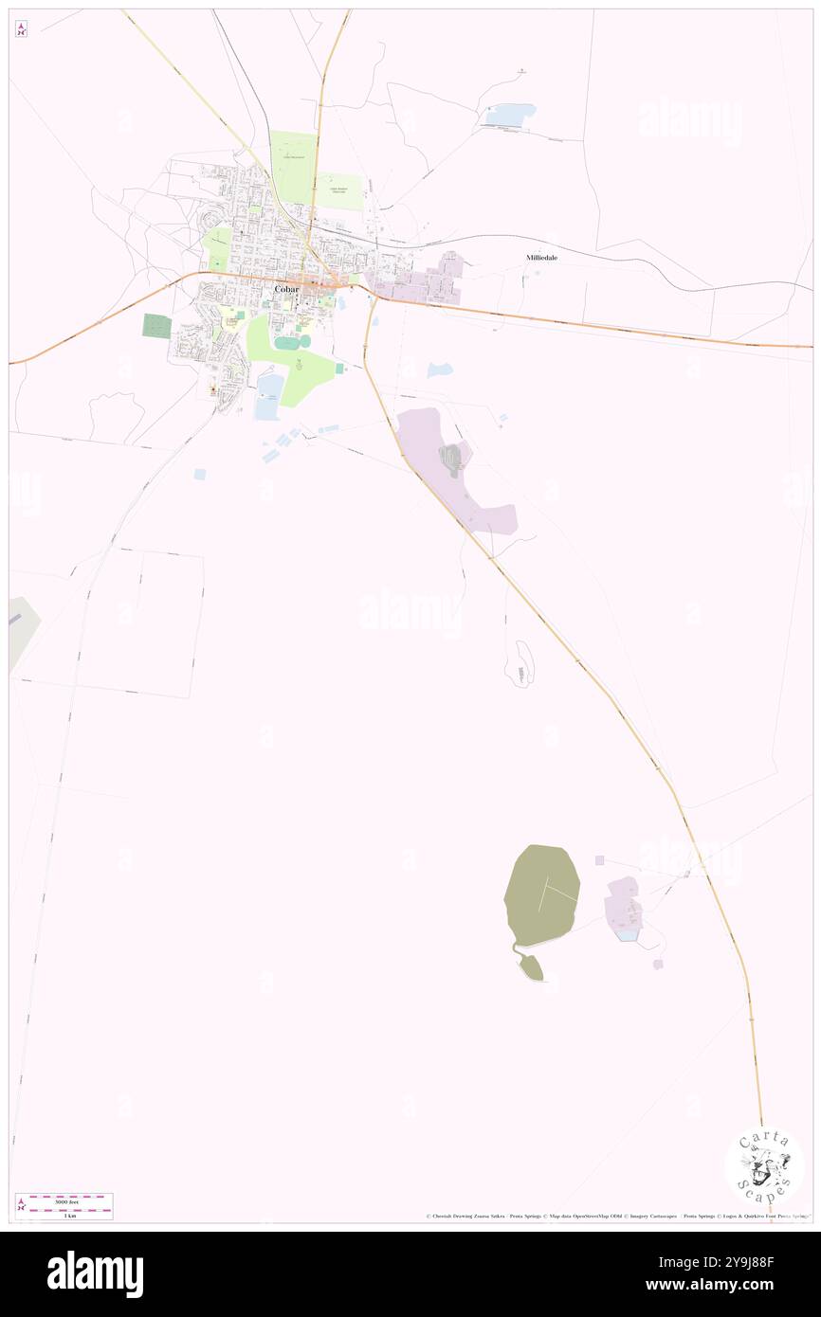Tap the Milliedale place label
click(542, 258)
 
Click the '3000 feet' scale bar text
click(66, 1201)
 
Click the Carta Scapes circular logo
click(764, 1166)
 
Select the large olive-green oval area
click(541, 894)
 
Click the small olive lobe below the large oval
click(532, 967)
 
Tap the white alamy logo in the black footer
click(95, 1274)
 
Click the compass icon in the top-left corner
click(21, 28)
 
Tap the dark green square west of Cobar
click(156, 326)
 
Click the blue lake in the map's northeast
click(511, 115)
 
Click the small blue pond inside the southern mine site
click(626, 935)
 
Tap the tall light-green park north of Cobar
click(293, 167)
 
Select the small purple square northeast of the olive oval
click(599, 860)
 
